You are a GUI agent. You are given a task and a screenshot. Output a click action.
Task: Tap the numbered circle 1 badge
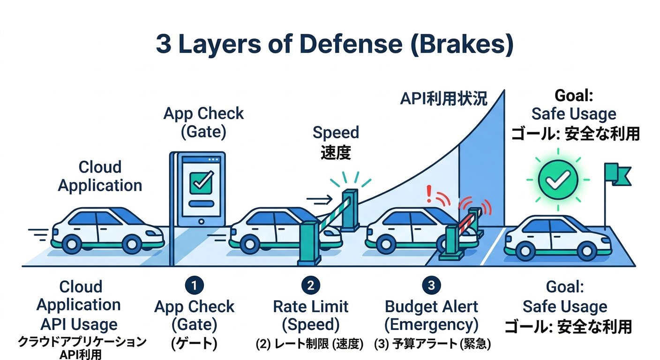click(194, 285)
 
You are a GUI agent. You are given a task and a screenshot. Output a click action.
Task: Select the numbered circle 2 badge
click(310, 285)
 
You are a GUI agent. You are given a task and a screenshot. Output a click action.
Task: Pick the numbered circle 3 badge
click(431, 285)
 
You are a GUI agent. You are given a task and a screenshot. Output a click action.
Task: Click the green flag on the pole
click(618, 174)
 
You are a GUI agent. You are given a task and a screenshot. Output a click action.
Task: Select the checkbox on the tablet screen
click(201, 182)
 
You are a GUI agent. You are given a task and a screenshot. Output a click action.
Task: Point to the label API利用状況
click(443, 99)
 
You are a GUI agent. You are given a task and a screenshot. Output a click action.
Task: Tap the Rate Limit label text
click(310, 307)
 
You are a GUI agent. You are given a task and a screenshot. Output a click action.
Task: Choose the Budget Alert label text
click(431, 307)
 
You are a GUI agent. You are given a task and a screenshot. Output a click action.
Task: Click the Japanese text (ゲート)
click(194, 343)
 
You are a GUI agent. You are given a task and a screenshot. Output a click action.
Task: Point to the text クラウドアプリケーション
click(82, 342)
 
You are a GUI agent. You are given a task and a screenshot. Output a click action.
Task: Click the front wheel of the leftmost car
click(132, 244)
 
